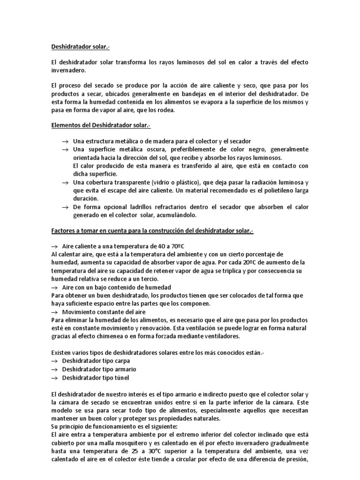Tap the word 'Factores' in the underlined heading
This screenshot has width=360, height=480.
(x=64, y=231)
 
